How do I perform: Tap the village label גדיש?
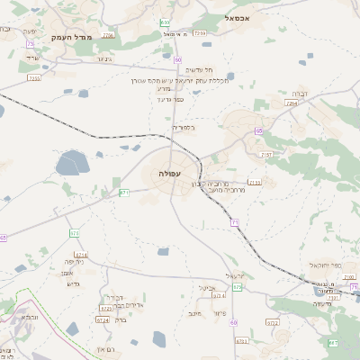tap(74, 283)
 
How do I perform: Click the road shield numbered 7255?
tap(34, 78)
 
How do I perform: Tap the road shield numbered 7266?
tap(109, 35)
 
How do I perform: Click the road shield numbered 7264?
tap(291, 103)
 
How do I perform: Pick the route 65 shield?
tap(258, 131)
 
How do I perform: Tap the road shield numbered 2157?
tap(265, 155)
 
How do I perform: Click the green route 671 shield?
tap(124, 192)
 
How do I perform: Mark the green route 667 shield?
tap(332, 343)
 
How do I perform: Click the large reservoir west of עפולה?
tap(70, 164)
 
